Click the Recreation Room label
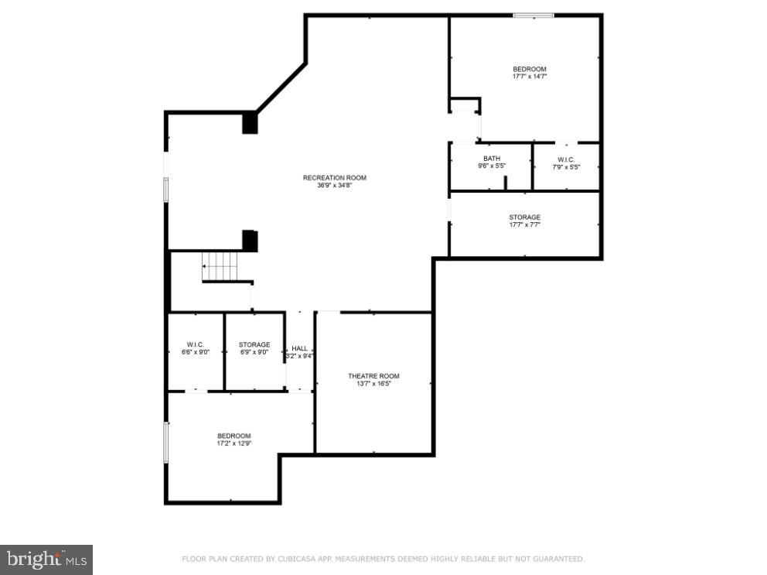point(334,178)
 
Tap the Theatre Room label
point(373,376)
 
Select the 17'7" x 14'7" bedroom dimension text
point(529,77)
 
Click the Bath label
point(492,159)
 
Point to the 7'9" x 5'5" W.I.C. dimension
point(566,167)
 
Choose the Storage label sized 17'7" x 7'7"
point(524,217)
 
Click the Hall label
point(299,348)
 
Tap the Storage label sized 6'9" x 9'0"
point(254,344)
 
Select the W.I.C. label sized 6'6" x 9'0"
point(195,344)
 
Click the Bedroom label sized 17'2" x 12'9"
point(234,436)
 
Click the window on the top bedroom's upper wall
point(533,15)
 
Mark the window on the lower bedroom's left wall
point(165,442)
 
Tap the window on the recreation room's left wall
point(165,190)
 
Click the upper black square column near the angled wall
point(250,123)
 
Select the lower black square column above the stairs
point(250,240)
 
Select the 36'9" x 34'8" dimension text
point(334,186)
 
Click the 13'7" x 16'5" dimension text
point(373,384)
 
